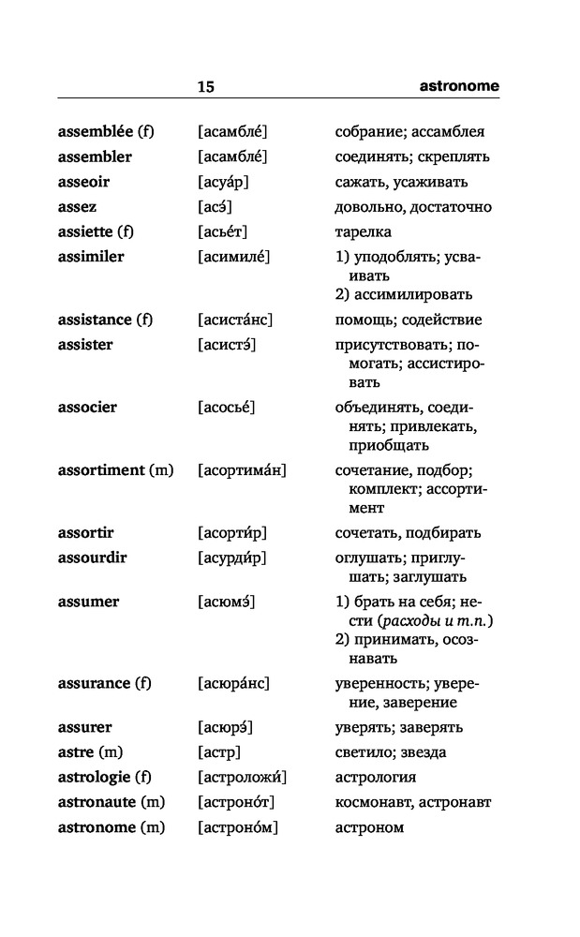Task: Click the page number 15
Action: [x=206, y=87]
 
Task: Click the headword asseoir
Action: [x=83, y=182]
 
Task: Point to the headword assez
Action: [x=77, y=207]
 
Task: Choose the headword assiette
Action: [x=89, y=231]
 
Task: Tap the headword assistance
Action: [x=96, y=320]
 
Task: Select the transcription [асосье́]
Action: [x=228, y=408]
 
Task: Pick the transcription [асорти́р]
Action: [x=232, y=533]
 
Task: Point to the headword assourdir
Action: [x=93, y=558]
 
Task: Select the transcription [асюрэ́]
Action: [x=226, y=727]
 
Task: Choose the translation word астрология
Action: [x=376, y=778]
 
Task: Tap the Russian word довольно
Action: [x=367, y=207]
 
